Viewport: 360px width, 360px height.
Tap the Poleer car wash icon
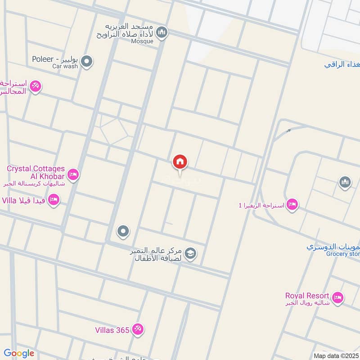pyautogui.click(x=87, y=61)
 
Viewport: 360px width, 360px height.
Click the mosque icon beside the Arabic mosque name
pyautogui.click(x=162, y=32)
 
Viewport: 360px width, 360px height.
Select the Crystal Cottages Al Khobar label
pyautogui.click(x=36, y=171)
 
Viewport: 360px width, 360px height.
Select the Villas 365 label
pyautogui.click(x=112, y=330)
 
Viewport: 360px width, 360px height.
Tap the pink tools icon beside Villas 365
pyautogui.click(x=138, y=329)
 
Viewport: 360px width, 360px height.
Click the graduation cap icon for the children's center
pyautogui.click(x=190, y=254)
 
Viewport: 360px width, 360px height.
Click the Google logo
pyautogui.click(x=18, y=353)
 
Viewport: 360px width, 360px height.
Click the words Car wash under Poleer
pyautogui.click(x=65, y=66)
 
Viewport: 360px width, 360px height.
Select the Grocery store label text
pyautogui.click(x=345, y=254)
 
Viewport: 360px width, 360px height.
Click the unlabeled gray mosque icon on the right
pyautogui.click(x=345, y=182)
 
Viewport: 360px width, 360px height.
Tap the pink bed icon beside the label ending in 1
pyautogui.click(x=292, y=205)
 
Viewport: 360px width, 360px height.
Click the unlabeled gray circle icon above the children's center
pyautogui.click(x=122, y=232)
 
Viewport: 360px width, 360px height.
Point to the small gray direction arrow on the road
pyautogui.click(x=288, y=131)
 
